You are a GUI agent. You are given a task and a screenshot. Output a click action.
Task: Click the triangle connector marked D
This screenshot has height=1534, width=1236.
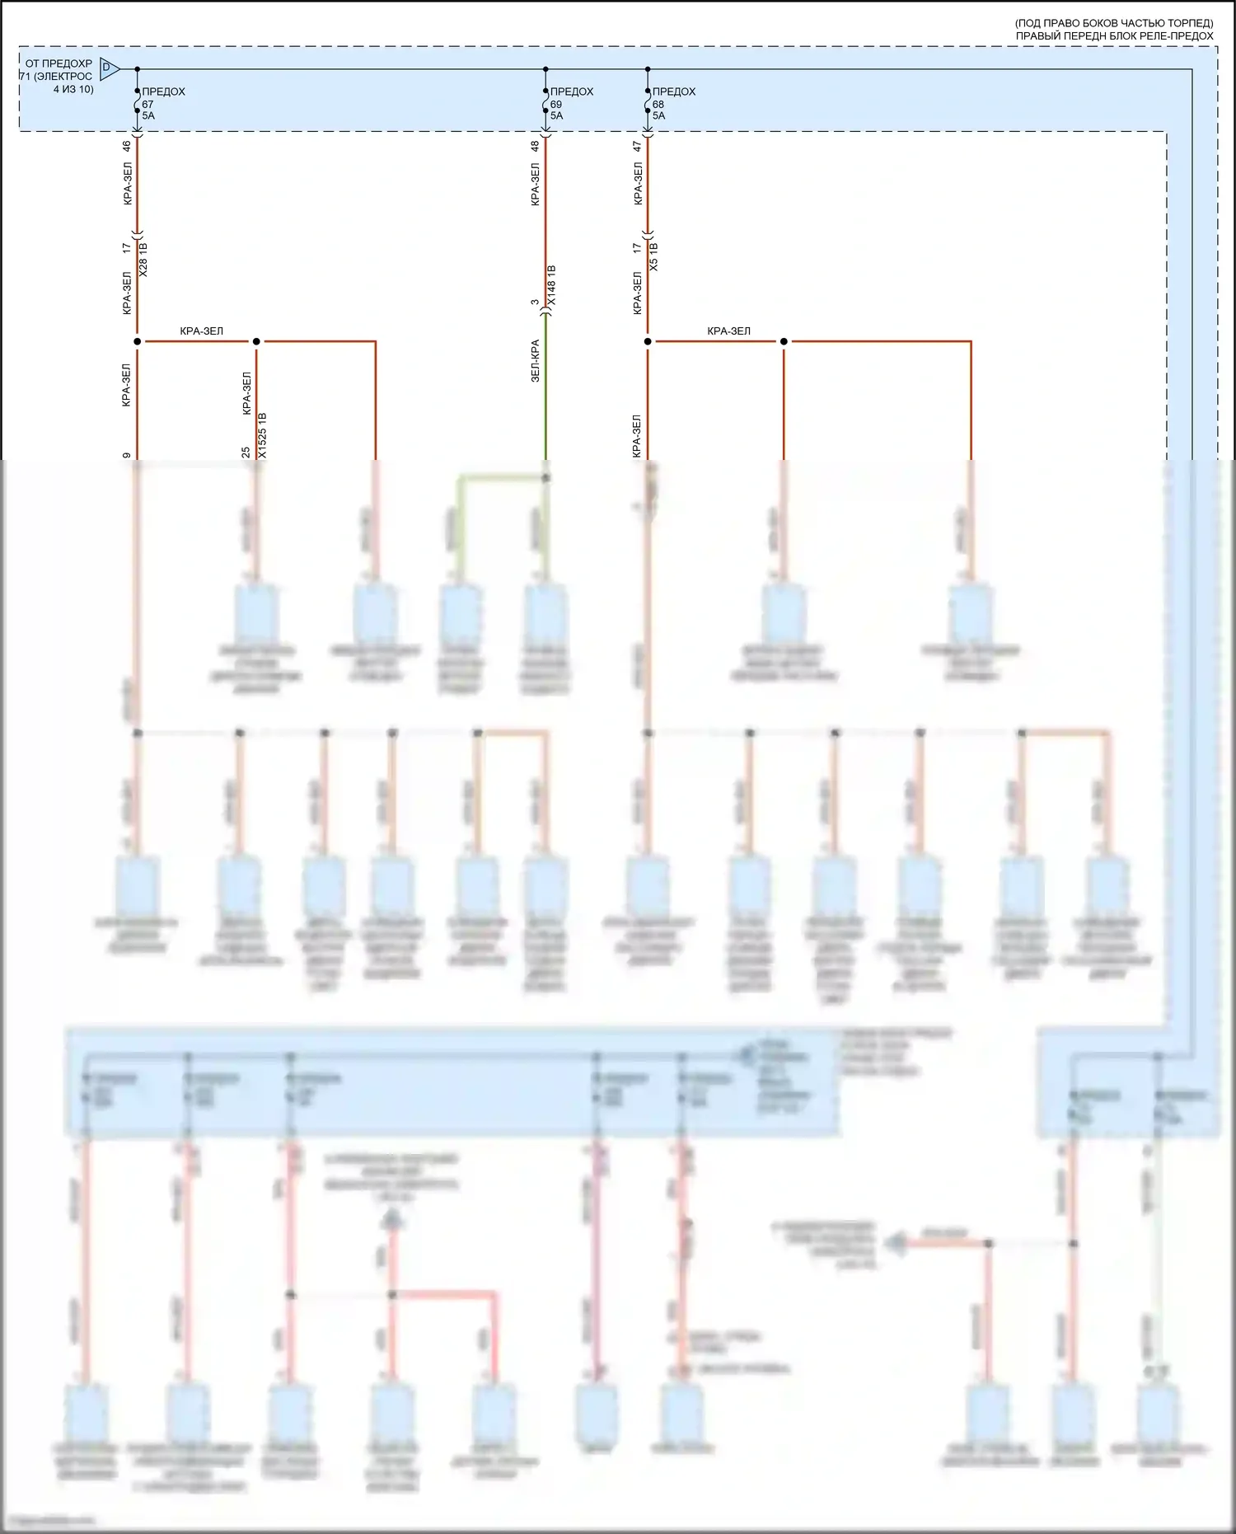108,68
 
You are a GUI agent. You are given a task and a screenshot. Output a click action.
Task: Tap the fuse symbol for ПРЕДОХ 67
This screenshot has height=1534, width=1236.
138,104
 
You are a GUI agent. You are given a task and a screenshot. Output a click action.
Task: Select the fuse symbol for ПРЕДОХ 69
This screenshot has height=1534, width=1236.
545,104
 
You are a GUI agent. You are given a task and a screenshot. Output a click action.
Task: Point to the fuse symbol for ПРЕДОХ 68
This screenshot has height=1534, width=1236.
648,104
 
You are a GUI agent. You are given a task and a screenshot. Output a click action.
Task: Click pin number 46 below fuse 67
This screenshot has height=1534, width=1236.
127,146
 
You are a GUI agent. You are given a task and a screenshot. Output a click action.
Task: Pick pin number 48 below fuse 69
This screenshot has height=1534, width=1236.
535,146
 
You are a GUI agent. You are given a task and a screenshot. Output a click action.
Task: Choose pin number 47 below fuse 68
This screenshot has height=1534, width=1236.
638,146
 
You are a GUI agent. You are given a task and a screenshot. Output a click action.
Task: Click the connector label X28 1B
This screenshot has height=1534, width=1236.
144,258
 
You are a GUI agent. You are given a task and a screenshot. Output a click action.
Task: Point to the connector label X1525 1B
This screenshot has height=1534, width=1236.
263,435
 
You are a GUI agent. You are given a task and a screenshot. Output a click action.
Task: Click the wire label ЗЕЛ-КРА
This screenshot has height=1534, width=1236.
535,360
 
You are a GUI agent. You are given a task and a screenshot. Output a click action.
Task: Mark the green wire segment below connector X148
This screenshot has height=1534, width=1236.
545,396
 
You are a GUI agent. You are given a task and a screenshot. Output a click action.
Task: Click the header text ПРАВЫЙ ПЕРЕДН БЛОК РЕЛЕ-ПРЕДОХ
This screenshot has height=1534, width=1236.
1114,36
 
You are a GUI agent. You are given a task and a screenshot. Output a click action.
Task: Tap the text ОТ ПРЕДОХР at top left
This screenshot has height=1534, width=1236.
59,63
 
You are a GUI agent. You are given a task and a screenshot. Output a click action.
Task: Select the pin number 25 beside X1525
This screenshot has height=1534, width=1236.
246,452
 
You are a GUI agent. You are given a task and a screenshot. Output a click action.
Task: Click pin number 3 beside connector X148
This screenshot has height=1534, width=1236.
535,303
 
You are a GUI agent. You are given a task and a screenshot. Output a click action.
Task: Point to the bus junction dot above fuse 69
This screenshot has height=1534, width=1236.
545,69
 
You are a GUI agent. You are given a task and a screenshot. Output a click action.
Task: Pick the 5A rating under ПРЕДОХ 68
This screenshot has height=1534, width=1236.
658,116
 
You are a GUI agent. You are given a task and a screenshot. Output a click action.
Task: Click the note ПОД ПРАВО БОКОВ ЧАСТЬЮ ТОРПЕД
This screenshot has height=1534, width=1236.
1114,24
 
